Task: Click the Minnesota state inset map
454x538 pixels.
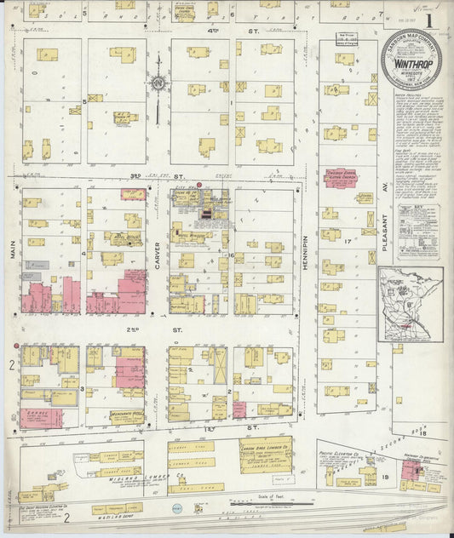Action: pyautogui.click(x=410, y=304)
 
